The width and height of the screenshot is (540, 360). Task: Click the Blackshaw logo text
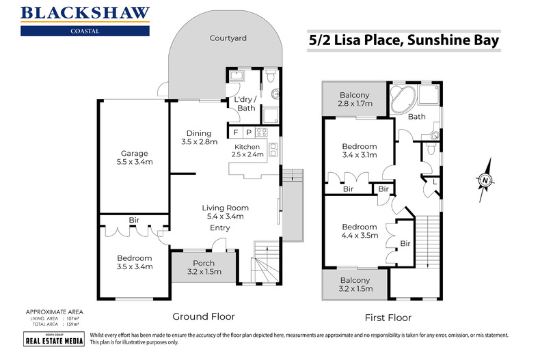pyautogui.click(x=85, y=13)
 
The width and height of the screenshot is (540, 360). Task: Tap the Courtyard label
pyautogui.click(x=228, y=38)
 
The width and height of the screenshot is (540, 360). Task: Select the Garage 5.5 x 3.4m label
pyautogui.click(x=134, y=158)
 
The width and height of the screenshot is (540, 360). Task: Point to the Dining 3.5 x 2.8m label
pyautogui.click(x=199, y=138)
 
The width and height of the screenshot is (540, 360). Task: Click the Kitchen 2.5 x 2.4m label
pyautogui.click(x=249, y=151)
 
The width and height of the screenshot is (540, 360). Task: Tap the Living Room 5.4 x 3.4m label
pyautogui.click(x=225, y=212)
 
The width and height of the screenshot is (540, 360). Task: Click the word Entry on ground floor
pyautogui.click(x=220, y=227)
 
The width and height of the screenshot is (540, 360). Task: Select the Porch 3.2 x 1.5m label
pyautogui.click(x=204, y=268)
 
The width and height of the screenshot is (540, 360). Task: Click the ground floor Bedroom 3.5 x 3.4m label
pyautogui.click(x=134, y=262)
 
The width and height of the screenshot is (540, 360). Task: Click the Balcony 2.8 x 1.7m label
pyautogui.click(x=355, y=100)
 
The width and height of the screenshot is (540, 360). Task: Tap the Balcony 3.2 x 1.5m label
pyautogui.click(x=355, y=285)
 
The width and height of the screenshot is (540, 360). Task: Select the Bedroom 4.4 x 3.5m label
pyautogui.click(x=359, y=232)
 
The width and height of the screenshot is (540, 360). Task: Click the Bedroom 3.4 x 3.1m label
pyautogui.click(x=359, y=151)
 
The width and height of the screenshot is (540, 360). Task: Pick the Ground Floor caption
pyautogui.click(x=203, y=316)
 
